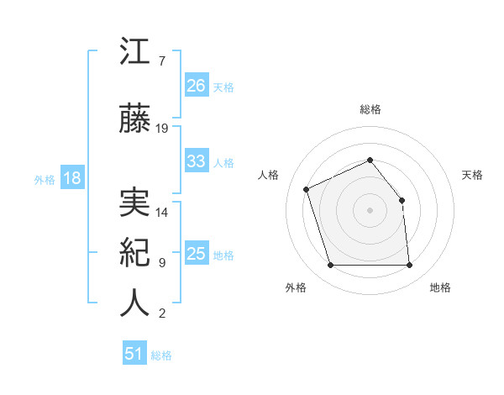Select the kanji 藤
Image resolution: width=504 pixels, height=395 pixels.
tap(134, 118)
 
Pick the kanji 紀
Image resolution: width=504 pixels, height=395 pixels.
tap(134, 253)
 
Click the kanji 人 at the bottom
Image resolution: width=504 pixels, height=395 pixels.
tap(134, 303)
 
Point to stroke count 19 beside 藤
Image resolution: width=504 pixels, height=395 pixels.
tap(162, 129)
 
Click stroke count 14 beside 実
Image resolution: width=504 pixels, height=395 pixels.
tap(162, 213)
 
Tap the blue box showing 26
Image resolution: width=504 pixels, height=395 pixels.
tap(196, 86)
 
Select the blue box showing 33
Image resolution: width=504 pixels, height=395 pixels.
tap(196, 161)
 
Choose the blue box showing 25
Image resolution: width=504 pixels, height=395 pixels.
tap(196, 254)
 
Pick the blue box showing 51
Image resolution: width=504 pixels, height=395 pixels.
tap(134, 354)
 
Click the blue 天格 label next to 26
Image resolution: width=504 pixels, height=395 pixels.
tap(223, 87)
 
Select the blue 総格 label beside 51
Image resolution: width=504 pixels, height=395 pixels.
tap(161, 355)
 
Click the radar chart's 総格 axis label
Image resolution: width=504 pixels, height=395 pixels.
tap(370, 109)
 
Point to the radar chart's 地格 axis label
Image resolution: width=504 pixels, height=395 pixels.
tap(440, 288)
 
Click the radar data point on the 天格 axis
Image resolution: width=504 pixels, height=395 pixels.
tap(402, 200)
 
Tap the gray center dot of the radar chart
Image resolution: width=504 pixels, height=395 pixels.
tap(370, 210)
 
